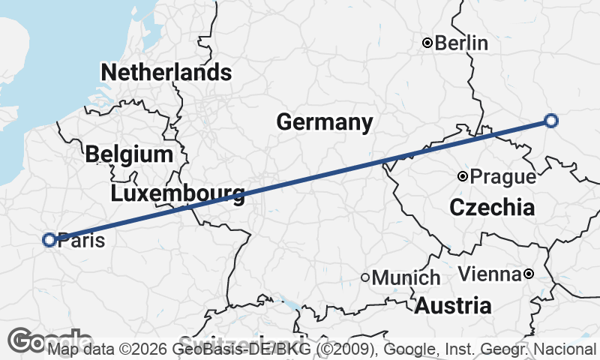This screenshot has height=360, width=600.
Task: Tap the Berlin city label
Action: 461,43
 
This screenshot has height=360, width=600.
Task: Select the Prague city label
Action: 502,178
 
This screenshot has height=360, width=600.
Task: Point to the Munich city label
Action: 406,278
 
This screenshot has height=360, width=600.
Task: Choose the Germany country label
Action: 324,122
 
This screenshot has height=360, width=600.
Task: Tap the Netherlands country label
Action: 166,73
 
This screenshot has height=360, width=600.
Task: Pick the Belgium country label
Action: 129,155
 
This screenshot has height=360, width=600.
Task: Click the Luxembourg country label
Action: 177,195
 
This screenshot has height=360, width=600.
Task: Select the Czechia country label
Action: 492,208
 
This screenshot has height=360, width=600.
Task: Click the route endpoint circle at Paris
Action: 49,240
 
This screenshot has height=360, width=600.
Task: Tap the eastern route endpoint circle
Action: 551,121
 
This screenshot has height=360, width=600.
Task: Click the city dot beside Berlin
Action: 427,43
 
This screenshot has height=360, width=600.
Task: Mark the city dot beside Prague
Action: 463,177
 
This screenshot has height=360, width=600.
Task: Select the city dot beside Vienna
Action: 528,274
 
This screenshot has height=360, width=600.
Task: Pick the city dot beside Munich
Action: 365,277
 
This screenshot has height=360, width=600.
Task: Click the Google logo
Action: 30,341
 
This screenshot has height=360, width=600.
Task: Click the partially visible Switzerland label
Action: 240,339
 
